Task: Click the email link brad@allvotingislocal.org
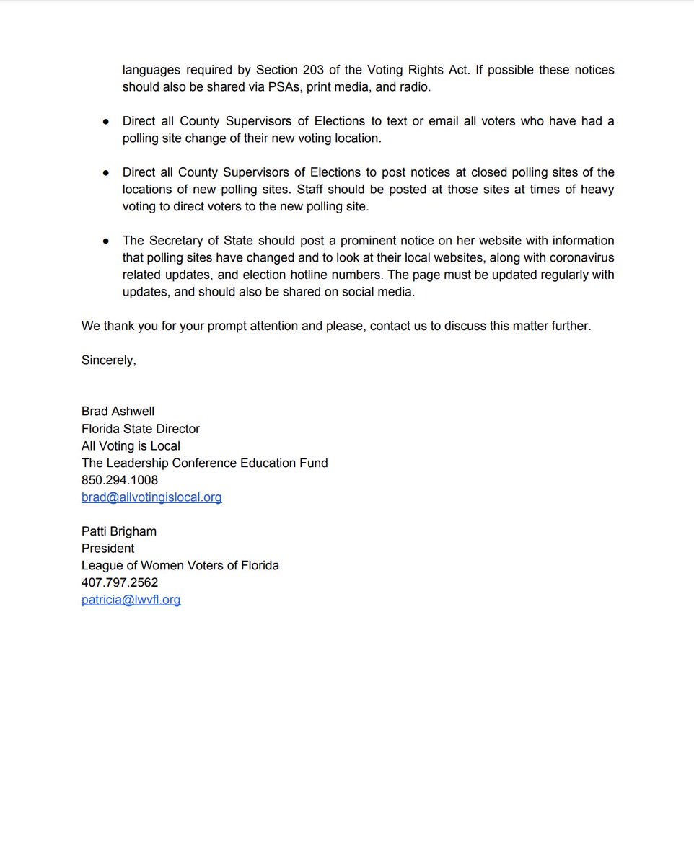151,497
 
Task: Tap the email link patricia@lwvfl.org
131,600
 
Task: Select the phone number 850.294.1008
120,480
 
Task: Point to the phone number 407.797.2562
120,582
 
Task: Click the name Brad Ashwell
118,412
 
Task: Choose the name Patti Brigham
119,531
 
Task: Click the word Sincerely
108,360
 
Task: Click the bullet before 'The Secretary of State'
106,241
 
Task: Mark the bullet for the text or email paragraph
106,122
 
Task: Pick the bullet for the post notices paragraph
106,173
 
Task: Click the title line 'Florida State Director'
141,429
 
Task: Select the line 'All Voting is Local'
131,446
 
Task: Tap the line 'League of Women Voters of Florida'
180,566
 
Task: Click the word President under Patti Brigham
107,549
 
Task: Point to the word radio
414,88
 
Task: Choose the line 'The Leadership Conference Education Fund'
205,463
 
